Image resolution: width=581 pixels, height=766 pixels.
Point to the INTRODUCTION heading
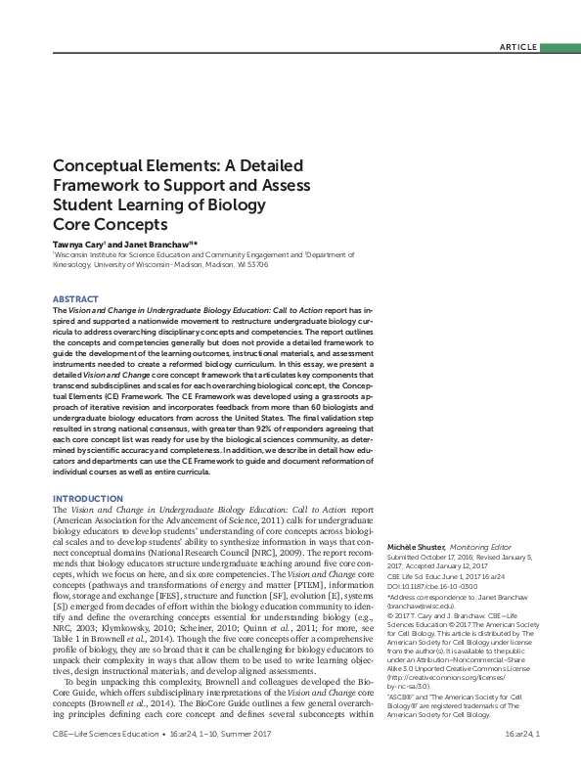click(x=87, y=499)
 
